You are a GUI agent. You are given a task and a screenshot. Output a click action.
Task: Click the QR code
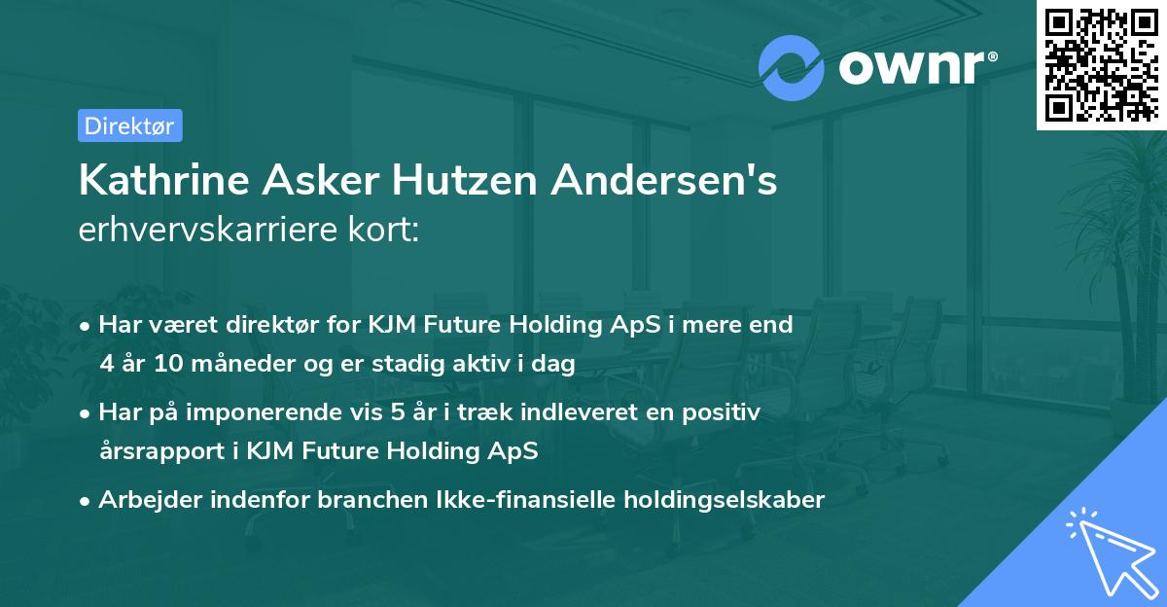click(x=1101, y=65)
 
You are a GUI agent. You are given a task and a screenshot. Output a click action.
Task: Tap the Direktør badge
click(x=129, y=125)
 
